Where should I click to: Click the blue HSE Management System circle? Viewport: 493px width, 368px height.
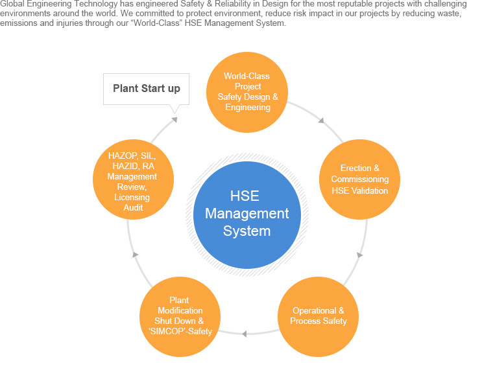pyautogui.click(x=246, y=214)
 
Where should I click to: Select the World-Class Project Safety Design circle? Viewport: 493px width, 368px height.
pyautogui.click(x=247, y=91)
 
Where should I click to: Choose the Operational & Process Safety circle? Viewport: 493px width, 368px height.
pyautogui.click(x=318, y=316)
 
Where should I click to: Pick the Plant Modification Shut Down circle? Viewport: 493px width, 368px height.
pyautogui.click(x=179, y=316)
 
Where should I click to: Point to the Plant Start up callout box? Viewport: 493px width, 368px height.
pyautogui.click(x=147, y=89)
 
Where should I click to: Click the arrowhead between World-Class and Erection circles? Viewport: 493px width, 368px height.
pyautogui.click(x=320, y=120)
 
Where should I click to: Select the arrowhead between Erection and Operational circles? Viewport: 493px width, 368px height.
pyautogui.click(x=359, y=255)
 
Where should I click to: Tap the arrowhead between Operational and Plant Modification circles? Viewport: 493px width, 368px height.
pyautogui.click(x=244, y=334)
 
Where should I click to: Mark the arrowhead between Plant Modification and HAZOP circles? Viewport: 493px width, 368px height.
pyautogui.click(x=135, y=255)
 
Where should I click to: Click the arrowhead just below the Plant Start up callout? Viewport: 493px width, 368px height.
pyautogui.click(x=173, y=120)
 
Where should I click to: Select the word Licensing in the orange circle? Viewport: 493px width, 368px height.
pyautogui.click(x=132, y=197)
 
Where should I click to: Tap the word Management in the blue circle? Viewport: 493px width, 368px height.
pyautogui.click(x=247, y=213)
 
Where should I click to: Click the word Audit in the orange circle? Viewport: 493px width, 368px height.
pyautogui.click(x=133, y=207)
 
